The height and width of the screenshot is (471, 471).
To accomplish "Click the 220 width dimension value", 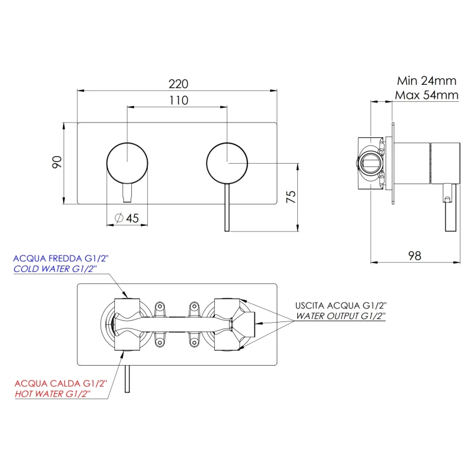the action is click(x=178, y=84).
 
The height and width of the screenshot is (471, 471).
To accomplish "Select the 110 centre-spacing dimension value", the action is click(x=179, y=100).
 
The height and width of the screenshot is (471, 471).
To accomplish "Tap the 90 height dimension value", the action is click(x=57, y=162).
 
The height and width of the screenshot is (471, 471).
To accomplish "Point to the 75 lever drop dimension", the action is click(x=291, y=197).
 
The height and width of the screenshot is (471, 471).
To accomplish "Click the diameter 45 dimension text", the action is click(x=127, y=218).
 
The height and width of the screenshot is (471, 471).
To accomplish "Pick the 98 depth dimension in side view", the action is click(x=414, y=256).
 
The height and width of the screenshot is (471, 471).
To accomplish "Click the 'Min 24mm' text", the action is click(x=426, y=81).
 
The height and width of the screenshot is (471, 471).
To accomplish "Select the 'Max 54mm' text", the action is click(x=426, y=95).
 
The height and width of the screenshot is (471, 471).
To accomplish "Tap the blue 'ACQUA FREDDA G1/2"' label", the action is click(x=61, y=258).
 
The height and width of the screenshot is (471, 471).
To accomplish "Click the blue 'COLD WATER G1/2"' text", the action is click(x=55, y=268).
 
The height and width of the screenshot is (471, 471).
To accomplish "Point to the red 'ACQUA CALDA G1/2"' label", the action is click(x=61, y=383).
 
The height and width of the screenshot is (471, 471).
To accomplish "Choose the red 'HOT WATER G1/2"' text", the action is click(x=52, y=393).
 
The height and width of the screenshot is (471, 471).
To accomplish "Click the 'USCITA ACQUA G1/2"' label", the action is click(x=341, y=306).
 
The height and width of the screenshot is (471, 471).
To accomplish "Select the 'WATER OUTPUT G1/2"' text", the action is click(x=341, y=316).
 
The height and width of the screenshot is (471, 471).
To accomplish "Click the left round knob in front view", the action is click(x=127, y=163).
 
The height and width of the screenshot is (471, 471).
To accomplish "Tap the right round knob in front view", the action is click(x=227, y=163).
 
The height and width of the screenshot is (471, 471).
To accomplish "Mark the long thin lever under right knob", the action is click(x=227, y=207).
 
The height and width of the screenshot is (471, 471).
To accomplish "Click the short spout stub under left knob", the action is click(x=127, y=193).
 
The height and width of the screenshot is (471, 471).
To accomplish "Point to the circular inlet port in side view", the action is click(x=371, y=163).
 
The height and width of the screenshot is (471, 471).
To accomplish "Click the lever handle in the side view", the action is click(x=450, y=208).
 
